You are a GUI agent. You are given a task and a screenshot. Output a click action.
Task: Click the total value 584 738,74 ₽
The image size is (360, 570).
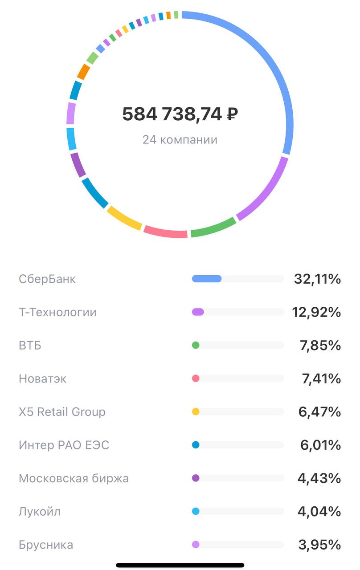(180, 114)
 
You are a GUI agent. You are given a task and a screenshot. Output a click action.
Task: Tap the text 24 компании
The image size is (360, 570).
(180, 140)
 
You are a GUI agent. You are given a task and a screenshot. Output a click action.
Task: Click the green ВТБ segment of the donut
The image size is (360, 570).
(213, 227)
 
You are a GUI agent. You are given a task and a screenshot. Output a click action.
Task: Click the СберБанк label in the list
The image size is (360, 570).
(47, 279)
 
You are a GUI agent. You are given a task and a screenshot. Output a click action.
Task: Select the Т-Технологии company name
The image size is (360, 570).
(57, 312)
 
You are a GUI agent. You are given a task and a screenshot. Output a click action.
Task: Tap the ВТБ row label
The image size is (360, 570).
(30, 345)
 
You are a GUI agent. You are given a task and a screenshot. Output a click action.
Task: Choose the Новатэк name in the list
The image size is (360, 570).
(43, 379)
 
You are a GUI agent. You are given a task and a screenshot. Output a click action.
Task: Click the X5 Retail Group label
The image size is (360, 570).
(62, 411)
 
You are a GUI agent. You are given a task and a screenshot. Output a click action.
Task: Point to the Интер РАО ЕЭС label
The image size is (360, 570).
(64, 445)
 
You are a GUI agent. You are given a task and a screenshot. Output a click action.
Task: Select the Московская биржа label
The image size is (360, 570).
(74, 478)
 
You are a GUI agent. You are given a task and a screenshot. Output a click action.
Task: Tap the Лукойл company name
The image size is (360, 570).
(40, 511)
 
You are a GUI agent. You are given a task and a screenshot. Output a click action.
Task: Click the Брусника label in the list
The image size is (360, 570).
(46, 545)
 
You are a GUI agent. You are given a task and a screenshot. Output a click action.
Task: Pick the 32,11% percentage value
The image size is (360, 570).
(317, 279)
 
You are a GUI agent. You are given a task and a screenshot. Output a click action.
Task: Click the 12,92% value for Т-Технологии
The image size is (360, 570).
(316, 312)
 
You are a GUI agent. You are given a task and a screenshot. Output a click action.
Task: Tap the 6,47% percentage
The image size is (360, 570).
(319, 411)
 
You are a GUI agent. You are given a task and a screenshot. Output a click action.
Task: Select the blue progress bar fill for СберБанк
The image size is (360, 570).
(207, 279)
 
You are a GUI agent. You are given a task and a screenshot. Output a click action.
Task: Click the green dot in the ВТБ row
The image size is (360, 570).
(196, 345)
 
